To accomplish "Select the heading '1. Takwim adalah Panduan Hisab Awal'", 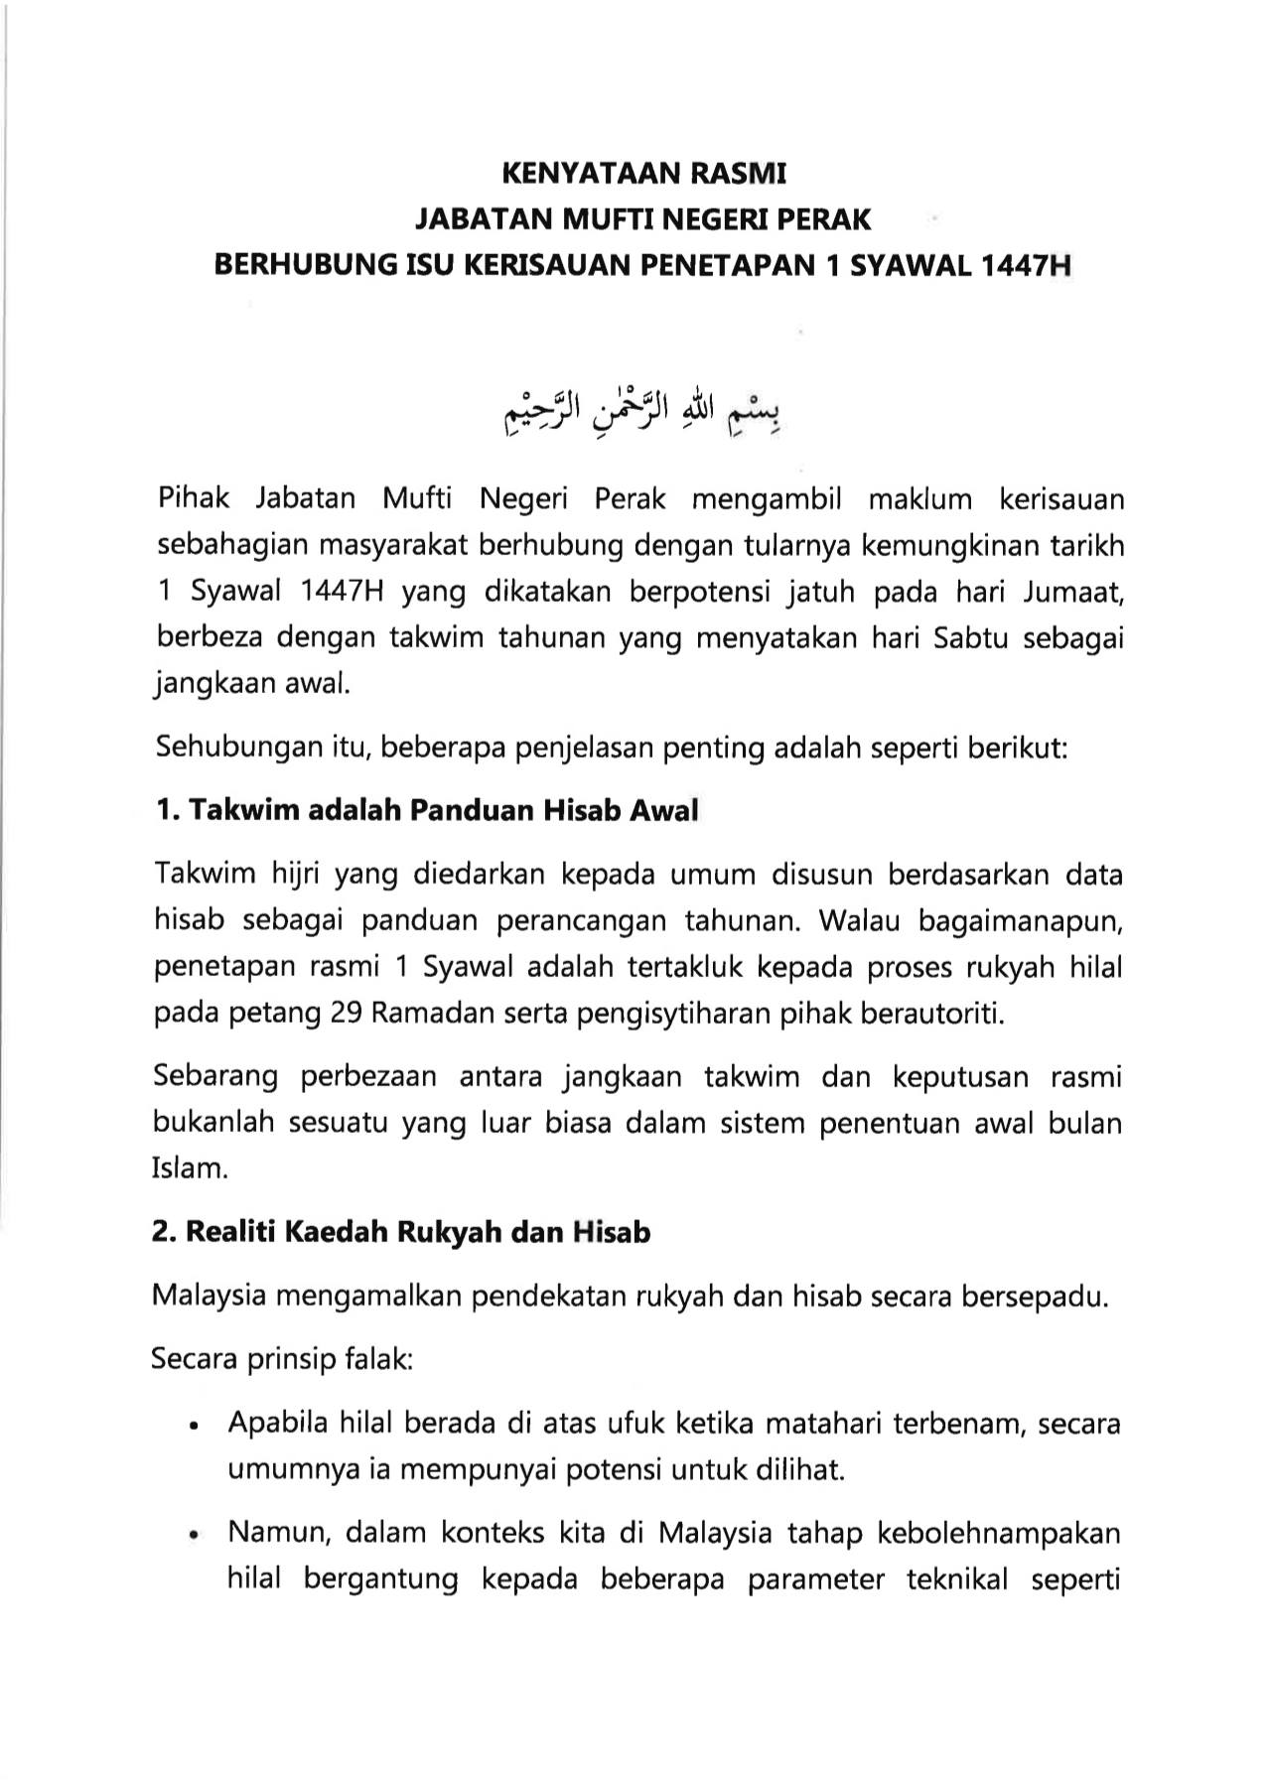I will click(426, 810).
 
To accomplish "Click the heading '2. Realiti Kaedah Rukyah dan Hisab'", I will click(401, 1233).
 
